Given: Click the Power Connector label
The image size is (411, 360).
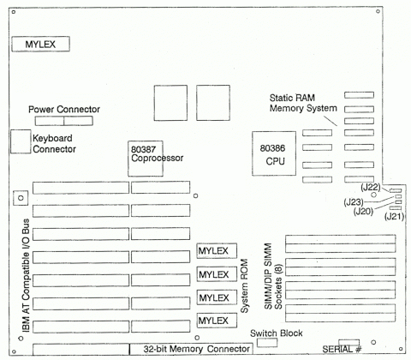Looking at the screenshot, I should [x=64, y=110].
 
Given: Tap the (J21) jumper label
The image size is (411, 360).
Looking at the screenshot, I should [x=394, y=218].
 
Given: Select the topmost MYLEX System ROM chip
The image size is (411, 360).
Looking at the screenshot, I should [x=214, y=251].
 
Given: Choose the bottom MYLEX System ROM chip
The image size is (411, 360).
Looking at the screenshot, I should [x=214, y=320].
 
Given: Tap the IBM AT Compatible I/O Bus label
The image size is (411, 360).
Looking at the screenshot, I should [x=15, y=274].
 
